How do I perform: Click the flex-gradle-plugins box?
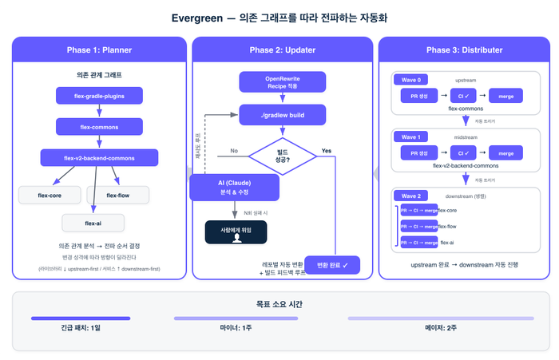pyautogui.click(x=100, y=96)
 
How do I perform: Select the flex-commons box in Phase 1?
pyautogui.click(x=100, y=126)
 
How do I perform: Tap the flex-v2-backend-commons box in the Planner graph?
pyautogui.click(x=100, y=158)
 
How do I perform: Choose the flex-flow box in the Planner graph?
pyautogui.click(x=117, y=195)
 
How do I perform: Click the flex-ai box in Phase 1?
pyautogui.click(x=93, y=223)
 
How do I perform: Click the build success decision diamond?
pyautogui.click(x=282, y=154)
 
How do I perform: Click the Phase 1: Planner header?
pyautogui.click(x=100, y=50)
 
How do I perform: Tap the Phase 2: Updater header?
pyautogui.click(x=282, y=50)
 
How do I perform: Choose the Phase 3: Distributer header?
pyautogui.click(x=465, y=50)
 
